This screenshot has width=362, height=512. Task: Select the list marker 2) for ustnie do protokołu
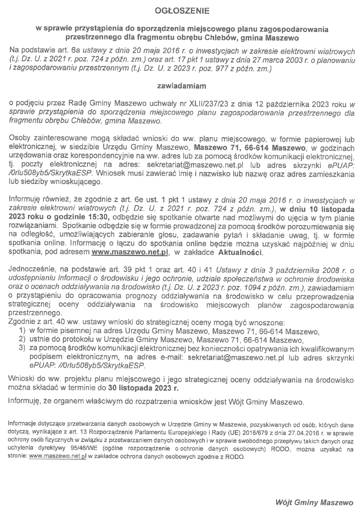pyautogui.click(x=21, y=340)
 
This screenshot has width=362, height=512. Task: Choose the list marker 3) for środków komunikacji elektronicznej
pyautogui.click(x=21, y=349)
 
